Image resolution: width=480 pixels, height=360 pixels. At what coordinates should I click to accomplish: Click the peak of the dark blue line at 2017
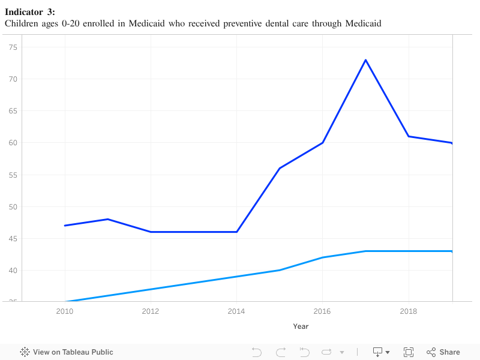(365, 60)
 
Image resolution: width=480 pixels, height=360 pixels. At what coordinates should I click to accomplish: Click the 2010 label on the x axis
(65, 311)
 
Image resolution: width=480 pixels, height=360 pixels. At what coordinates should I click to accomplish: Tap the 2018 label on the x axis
(409, 311)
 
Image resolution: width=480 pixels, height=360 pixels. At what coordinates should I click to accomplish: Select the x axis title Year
(301, 326)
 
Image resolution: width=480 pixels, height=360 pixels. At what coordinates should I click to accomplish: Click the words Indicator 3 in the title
(29, 12)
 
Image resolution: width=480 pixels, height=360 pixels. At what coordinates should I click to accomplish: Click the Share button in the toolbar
(443, 352)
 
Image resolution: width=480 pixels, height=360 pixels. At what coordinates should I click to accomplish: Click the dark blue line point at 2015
(280, 168)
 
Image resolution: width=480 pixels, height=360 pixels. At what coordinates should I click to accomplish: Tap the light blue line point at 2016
(323, 257)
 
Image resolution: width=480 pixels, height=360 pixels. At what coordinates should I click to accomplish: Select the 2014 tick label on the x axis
(236, 311)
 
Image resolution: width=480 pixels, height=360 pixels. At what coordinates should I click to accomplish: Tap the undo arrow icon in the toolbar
(257, 352)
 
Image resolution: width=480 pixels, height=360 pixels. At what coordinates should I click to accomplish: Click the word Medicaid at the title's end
(363, 23)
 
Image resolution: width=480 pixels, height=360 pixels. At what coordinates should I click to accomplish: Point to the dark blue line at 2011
(107, 219)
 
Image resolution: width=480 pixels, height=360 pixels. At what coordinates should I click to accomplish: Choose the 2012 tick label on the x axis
(151, 311)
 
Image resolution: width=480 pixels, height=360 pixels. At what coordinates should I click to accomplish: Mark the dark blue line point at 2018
(409, 136)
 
